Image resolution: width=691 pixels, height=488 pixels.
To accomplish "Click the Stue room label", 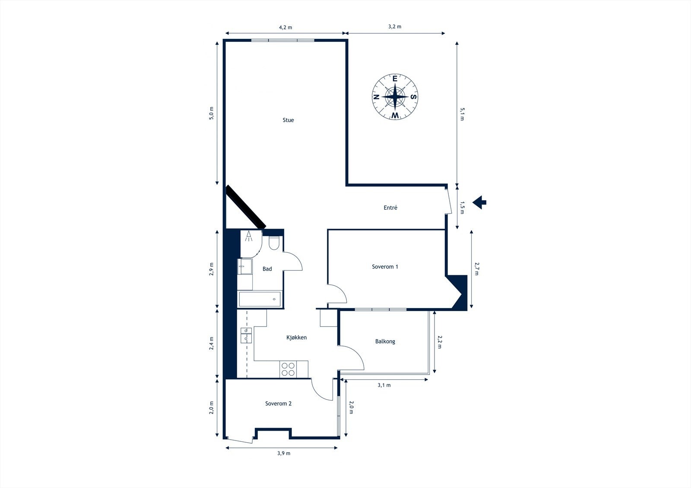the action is (288, 120).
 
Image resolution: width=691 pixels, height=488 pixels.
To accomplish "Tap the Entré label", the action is (390, 208).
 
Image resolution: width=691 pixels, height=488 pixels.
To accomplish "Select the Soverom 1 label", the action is (385, 267).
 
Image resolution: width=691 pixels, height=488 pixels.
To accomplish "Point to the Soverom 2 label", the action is (278, 403).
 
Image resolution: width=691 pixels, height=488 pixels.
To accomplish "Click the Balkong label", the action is (385, 342).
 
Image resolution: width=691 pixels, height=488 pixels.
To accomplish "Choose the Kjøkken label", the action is (296, 337).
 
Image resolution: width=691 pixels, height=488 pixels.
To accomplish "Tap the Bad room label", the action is (267, 269).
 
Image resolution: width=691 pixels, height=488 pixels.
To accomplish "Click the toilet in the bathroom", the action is (274, 243).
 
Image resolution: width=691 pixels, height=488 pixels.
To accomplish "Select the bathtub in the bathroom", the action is (260, 299).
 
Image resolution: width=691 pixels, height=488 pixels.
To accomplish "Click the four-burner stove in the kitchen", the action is (288, 369).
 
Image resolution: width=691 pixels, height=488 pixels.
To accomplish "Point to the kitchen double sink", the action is (246, 335).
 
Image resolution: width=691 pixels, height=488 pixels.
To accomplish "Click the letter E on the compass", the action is (395, 79).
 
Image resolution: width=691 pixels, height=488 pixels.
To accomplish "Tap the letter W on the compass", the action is (395, 115).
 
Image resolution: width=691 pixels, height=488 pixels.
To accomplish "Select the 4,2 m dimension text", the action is (285, 28).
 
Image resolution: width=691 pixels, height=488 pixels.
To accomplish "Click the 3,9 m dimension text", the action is (283, 453).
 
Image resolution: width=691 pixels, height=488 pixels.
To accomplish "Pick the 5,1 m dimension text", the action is (462, 114).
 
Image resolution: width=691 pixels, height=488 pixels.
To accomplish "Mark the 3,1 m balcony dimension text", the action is (384, 385).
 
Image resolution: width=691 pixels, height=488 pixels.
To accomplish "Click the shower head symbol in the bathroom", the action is (249, 236).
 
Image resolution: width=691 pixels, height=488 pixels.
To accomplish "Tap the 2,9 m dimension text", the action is (211, 269).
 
